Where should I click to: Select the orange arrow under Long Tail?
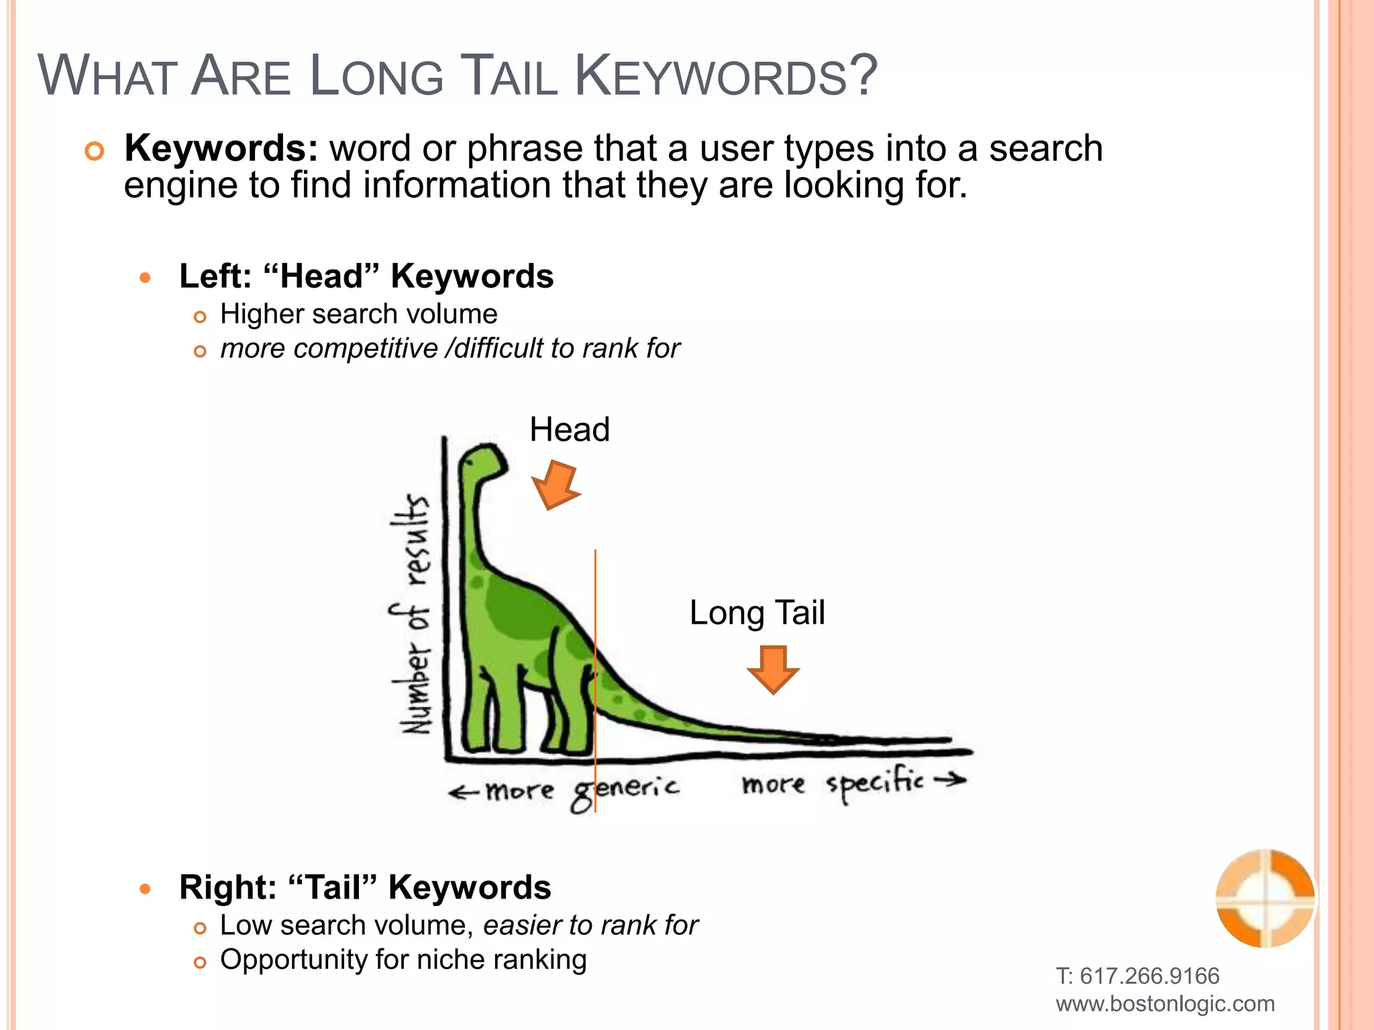click(773, 669)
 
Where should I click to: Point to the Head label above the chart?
click(570, 429)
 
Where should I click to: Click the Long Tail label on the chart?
click(757, 612)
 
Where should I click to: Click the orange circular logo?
click(1265, 898)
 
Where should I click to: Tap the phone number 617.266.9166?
click(1149, 976)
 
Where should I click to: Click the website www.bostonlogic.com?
click(1165, 1004)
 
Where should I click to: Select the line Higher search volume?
click(359, 314)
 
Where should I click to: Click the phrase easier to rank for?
click(590, 925)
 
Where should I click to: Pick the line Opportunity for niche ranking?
click(403, 960)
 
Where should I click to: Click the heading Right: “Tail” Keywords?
click(365, 887)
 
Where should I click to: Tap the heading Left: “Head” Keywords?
click(366, 276)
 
